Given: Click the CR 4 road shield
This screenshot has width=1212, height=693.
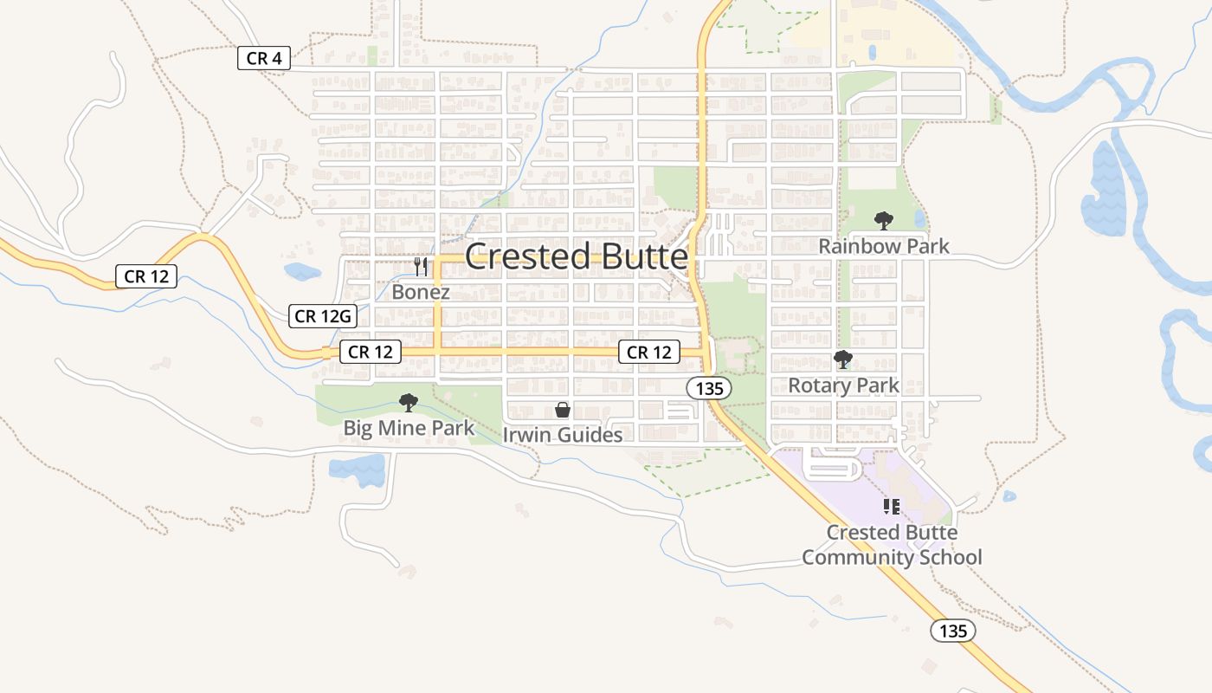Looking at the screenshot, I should pyautogui.click(x=264, y=58).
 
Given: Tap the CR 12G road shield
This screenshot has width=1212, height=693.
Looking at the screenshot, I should pyautogui.click(x=323, y=316).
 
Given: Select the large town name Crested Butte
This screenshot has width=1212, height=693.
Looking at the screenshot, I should pyautogui.click(x=577, y=257).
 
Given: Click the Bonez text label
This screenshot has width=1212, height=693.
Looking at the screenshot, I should pyautogui.click(x=421, y=292).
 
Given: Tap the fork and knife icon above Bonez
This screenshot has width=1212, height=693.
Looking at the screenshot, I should pyautogui.click(x=421, y=267).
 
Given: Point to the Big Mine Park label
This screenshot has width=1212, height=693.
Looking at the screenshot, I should pyautogui.click(x=409, y=428).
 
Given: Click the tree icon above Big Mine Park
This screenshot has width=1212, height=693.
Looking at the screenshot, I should pyautogui.click(x=409, y=403).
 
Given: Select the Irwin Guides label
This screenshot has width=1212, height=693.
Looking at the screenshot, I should pyautogui.click(x=563, y=435).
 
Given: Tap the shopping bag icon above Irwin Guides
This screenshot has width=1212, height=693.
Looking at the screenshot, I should pyautogui.click(x=563, y=410).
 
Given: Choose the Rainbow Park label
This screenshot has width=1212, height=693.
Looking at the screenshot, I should pyautogui.click(x=884, y=246).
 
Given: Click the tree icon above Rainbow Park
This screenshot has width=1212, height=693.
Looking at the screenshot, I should pyautogui.click(x=884, y=220).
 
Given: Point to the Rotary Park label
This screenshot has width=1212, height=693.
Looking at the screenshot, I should pyautogui.click(x=843, y=385).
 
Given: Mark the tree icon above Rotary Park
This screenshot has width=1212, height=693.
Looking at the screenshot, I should pyautogui.click(x=843, y=359).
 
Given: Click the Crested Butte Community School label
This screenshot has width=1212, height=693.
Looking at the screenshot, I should pyautogui.click(x=892, y=544).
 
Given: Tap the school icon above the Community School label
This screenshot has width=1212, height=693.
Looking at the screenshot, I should pyautogui.click(x=892, y=505).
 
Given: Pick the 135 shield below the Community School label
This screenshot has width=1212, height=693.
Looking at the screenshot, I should pyautogui.click(x=953, y=631).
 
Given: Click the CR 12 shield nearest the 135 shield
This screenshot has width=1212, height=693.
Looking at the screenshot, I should pyautogui.click(x=649, y=352).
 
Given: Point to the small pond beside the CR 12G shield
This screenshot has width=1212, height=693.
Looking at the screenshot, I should pyautogui.click(x=302, y=271).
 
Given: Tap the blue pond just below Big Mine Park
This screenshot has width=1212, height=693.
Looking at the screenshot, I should pyautogui.click(x=358, y=470).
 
